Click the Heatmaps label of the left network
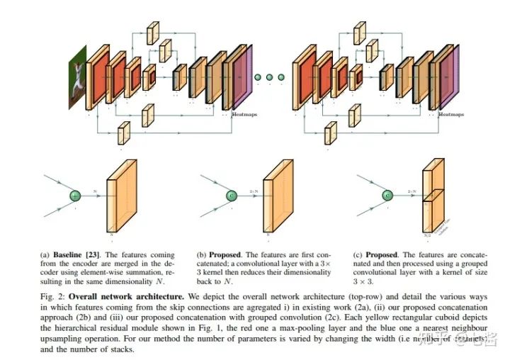coord(243,113)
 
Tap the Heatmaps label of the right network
coord(452,113)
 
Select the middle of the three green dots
coord(269,77)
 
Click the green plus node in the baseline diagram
coord(75,196)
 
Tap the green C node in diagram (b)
coord(231,196)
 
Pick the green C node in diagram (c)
coord(387,196)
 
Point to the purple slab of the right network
coord(450,77)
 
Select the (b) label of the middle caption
coord(202,252)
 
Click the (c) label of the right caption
coord(357,252)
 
